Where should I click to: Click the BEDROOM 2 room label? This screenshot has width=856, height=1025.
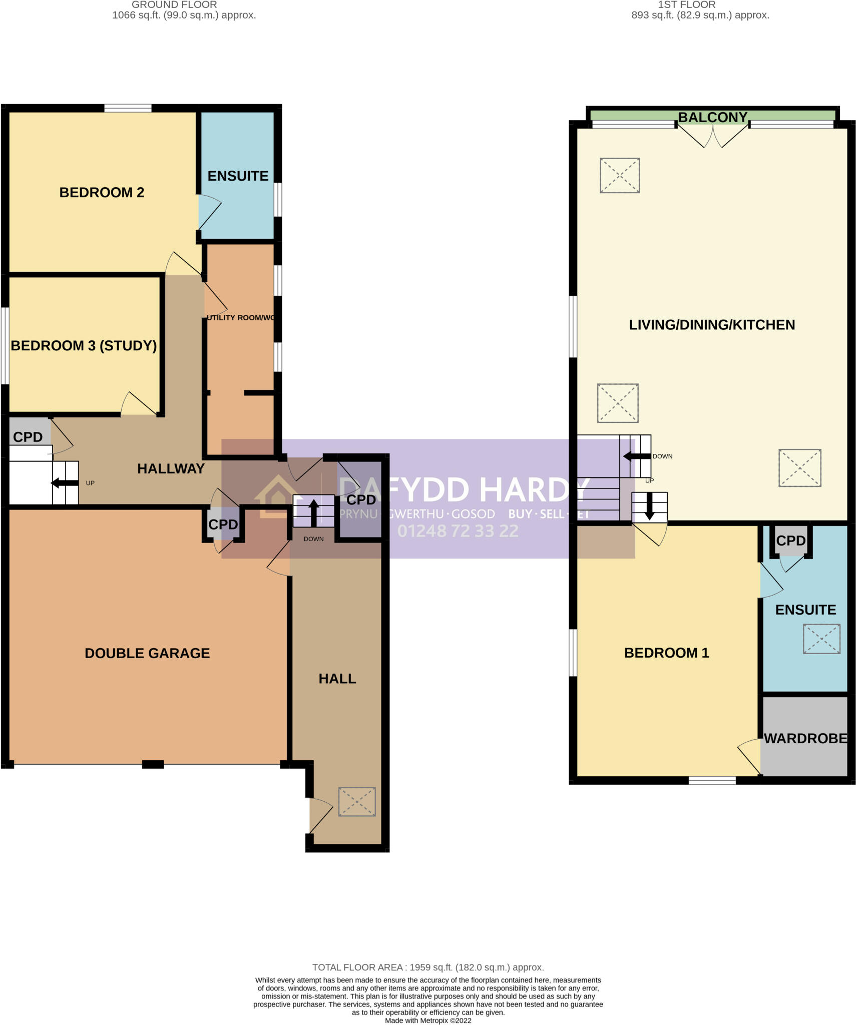tap(102, 193)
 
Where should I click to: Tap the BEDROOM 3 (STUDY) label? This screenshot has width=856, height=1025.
tap(84, 346)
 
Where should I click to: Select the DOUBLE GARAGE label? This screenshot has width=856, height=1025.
tap(147, 653)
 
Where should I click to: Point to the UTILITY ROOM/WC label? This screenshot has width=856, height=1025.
tap(240, 318)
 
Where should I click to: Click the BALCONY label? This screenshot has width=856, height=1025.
tap(712, 117)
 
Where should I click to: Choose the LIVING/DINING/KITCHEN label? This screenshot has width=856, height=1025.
tap(712, 325)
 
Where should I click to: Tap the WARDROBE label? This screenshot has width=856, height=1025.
tap(805, 738)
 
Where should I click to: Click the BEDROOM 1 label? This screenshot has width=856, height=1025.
tap(666, 653)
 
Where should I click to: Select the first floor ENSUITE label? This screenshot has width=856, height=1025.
tap(805, 610)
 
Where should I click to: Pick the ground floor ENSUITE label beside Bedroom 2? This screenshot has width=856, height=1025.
tap(238, 176)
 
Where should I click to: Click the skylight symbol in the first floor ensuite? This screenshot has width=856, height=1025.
tap(821, 639)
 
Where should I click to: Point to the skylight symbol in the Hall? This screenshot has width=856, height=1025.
tap(357, 801)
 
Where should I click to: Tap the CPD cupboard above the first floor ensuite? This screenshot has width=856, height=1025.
tap(791, 541)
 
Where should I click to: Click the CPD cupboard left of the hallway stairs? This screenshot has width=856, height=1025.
tap(28, 437)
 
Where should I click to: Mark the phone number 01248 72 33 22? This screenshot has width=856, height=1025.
tap(458, 531)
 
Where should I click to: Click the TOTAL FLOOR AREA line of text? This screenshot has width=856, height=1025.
tap(428, 967)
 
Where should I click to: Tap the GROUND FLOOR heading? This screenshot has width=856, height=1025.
tap(174, 5)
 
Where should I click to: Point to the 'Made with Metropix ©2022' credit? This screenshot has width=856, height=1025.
tap(428, 1020)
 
